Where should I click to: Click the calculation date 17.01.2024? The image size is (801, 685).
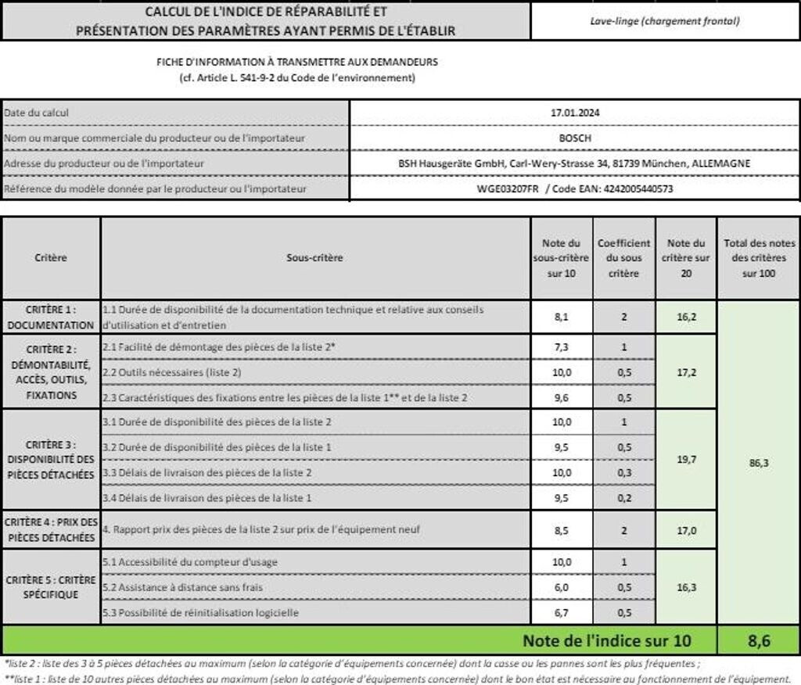(575, 113)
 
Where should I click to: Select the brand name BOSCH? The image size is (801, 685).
(575, 138)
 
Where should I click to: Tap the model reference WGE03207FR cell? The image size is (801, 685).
(575, 188)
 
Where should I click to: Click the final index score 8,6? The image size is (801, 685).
(758, 641)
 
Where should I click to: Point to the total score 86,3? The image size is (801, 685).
(759, 463)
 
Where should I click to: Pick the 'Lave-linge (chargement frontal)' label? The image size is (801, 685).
(665, 21)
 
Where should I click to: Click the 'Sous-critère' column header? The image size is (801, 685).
(316, 257)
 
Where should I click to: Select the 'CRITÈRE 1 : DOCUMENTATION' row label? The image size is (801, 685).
(51, 317)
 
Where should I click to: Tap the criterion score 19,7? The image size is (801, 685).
(686, 460)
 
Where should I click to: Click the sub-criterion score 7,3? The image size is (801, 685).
(562, 346)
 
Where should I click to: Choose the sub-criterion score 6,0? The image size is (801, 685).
(562, 587)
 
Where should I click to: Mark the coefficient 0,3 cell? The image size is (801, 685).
(623, 472)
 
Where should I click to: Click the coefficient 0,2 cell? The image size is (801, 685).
(623, 497)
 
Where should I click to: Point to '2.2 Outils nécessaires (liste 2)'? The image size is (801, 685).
(171, 372)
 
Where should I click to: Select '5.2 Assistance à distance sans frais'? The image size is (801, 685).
(182, 587)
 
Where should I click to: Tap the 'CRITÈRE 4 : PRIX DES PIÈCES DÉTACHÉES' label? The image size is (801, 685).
(51, 529)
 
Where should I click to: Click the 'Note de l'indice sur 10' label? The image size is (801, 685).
(607, 641)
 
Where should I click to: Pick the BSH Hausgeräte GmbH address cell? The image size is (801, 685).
(575, 163)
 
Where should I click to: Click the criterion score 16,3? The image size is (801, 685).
(686, 587)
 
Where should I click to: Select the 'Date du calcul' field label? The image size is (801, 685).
(37, 113)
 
